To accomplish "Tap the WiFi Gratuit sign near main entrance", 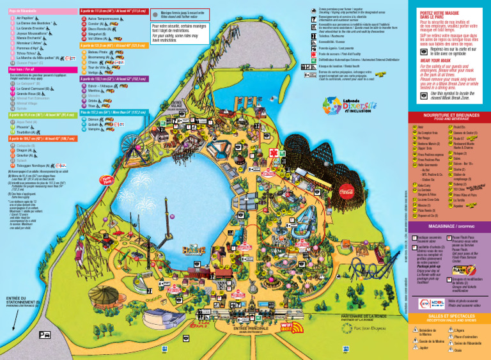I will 291,327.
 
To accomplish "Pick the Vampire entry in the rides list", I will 95,129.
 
